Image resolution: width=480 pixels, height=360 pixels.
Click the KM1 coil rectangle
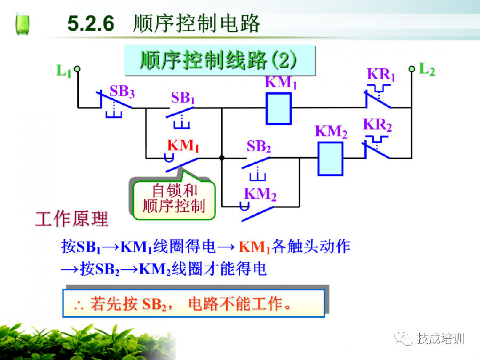point(278,108)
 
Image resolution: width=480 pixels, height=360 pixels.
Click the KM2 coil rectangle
point(331,158)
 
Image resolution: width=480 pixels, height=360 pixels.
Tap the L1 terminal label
point(63,70)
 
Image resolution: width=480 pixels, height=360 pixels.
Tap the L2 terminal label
point(427,69)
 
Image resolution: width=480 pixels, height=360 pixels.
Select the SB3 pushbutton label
point(122,91)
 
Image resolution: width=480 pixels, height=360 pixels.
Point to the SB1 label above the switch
point(183,98)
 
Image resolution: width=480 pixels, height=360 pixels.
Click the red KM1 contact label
point(183,146)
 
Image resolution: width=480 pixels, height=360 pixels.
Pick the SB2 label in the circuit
point(259,147)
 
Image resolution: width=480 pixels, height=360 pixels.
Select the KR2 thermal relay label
point(378,125)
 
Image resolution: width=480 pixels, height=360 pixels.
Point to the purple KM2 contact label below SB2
point(260,195)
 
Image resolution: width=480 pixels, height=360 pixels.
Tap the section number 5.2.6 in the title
point(91,25)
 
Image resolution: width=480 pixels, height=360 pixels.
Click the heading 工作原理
point(71,219)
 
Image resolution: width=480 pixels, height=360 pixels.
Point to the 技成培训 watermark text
point(441,338)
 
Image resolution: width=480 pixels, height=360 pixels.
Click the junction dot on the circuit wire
point(221,158)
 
